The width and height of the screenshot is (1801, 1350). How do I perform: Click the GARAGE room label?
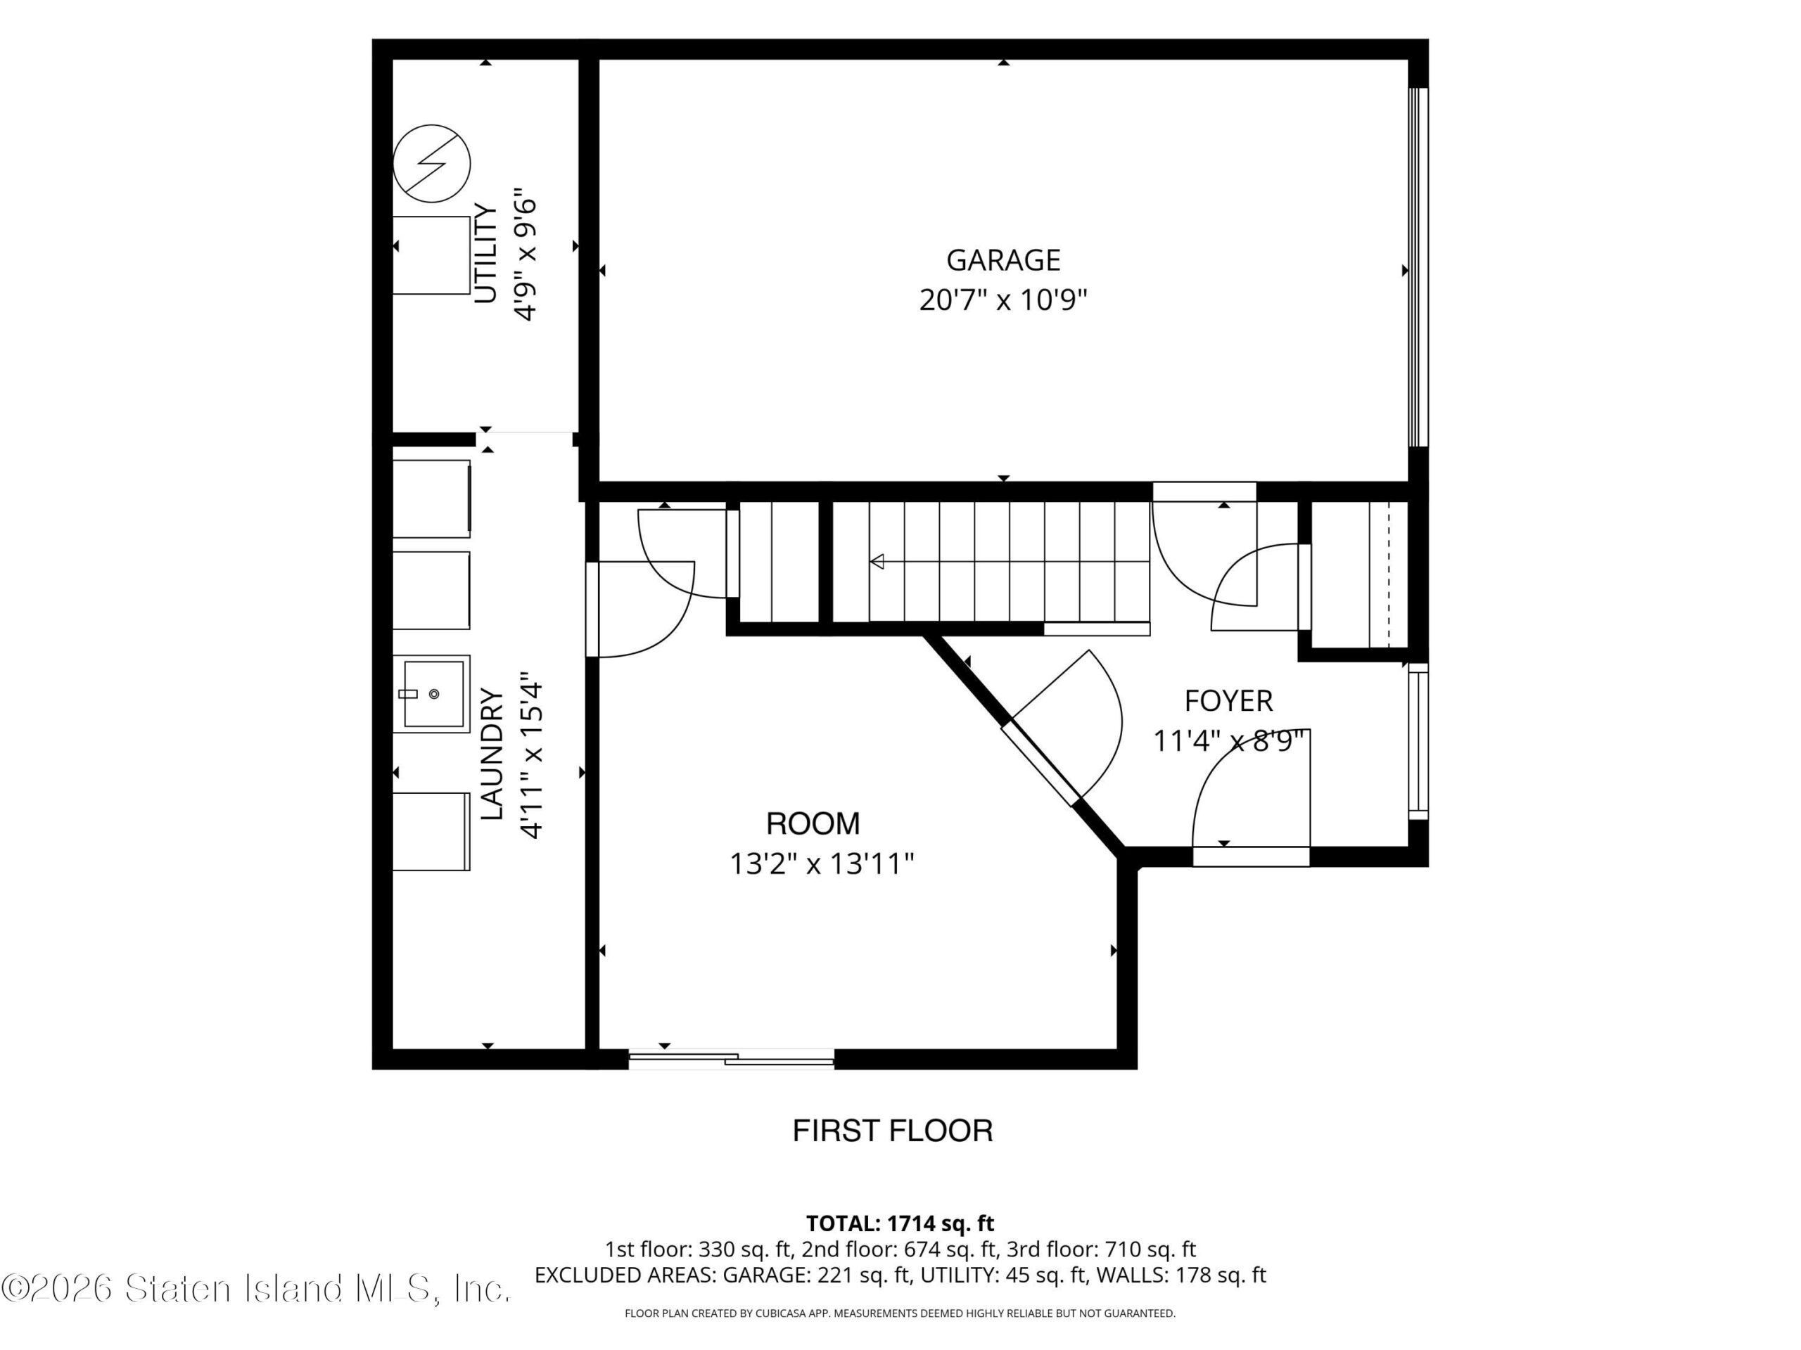[x=1003, y=260]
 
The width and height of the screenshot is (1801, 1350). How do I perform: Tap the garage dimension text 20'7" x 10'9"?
[x=1003, y=301]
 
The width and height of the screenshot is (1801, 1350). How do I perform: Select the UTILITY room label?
[x=486, y=254]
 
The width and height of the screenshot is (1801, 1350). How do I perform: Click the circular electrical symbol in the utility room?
[x=431, y=164]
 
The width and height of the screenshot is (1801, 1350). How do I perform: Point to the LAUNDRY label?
[x=492, y=754]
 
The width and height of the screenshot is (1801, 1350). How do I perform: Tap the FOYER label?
[x=1228, y=700]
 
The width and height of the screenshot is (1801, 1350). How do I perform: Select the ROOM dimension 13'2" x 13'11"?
[x=822, y=863]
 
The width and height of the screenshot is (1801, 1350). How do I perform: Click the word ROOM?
[x=813, y=823]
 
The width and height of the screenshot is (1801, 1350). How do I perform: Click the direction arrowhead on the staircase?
[x=877, y=562]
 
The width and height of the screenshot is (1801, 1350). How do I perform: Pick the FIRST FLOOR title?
[x=893, y=1131]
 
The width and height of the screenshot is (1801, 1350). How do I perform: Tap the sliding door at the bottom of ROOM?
[x=731, y=1059]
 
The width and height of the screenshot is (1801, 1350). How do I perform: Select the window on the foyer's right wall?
[x=1418, y=740]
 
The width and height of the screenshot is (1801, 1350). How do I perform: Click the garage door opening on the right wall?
[x=1418, y=267]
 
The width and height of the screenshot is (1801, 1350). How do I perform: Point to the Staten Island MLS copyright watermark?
[x=255, y=1288]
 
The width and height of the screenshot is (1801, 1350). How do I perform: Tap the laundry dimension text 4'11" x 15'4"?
[x=531, y=755]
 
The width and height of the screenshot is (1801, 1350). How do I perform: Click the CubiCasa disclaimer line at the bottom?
[x=900, y=1313]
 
